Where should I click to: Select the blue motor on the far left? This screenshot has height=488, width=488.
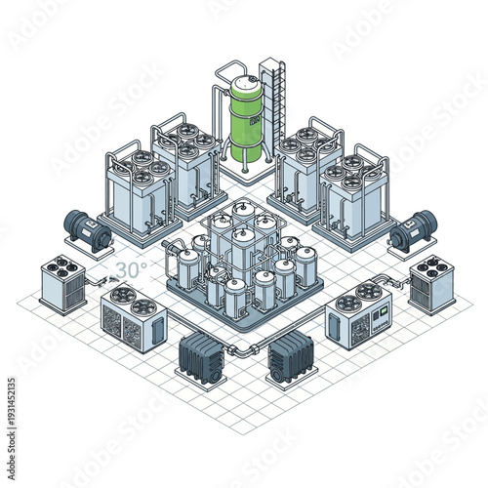[x=85, y=230]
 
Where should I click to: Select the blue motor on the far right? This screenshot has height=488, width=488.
[x=411, y=231]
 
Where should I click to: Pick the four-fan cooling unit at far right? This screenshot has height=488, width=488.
[x=431, y=284]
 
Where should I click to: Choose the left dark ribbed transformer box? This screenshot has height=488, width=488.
[x=202, y=354]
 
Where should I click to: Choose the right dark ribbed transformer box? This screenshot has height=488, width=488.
[x=290, y=354]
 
